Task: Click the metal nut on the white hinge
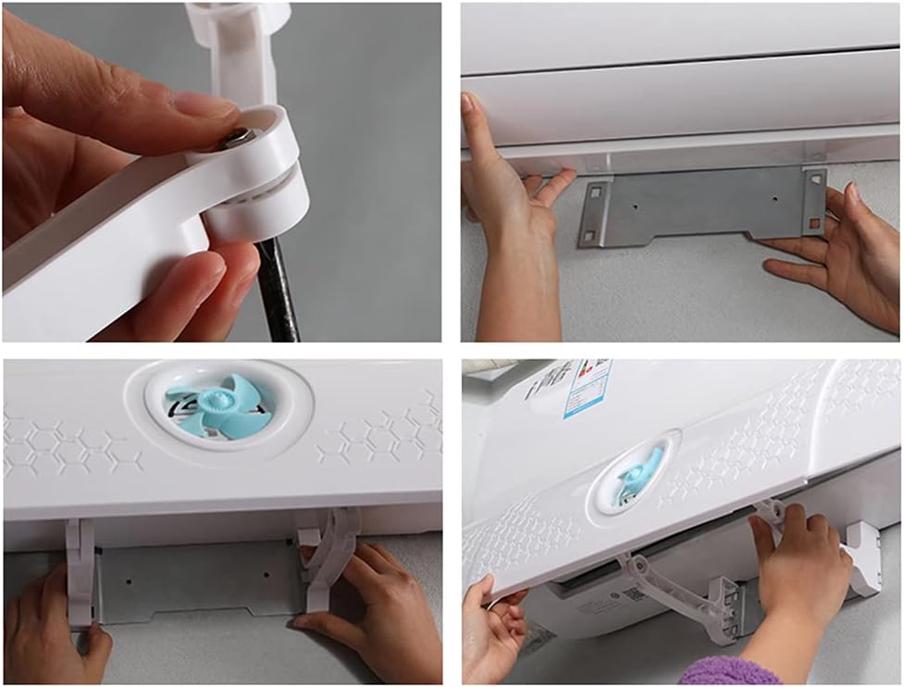236,138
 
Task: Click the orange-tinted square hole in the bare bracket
814,223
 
